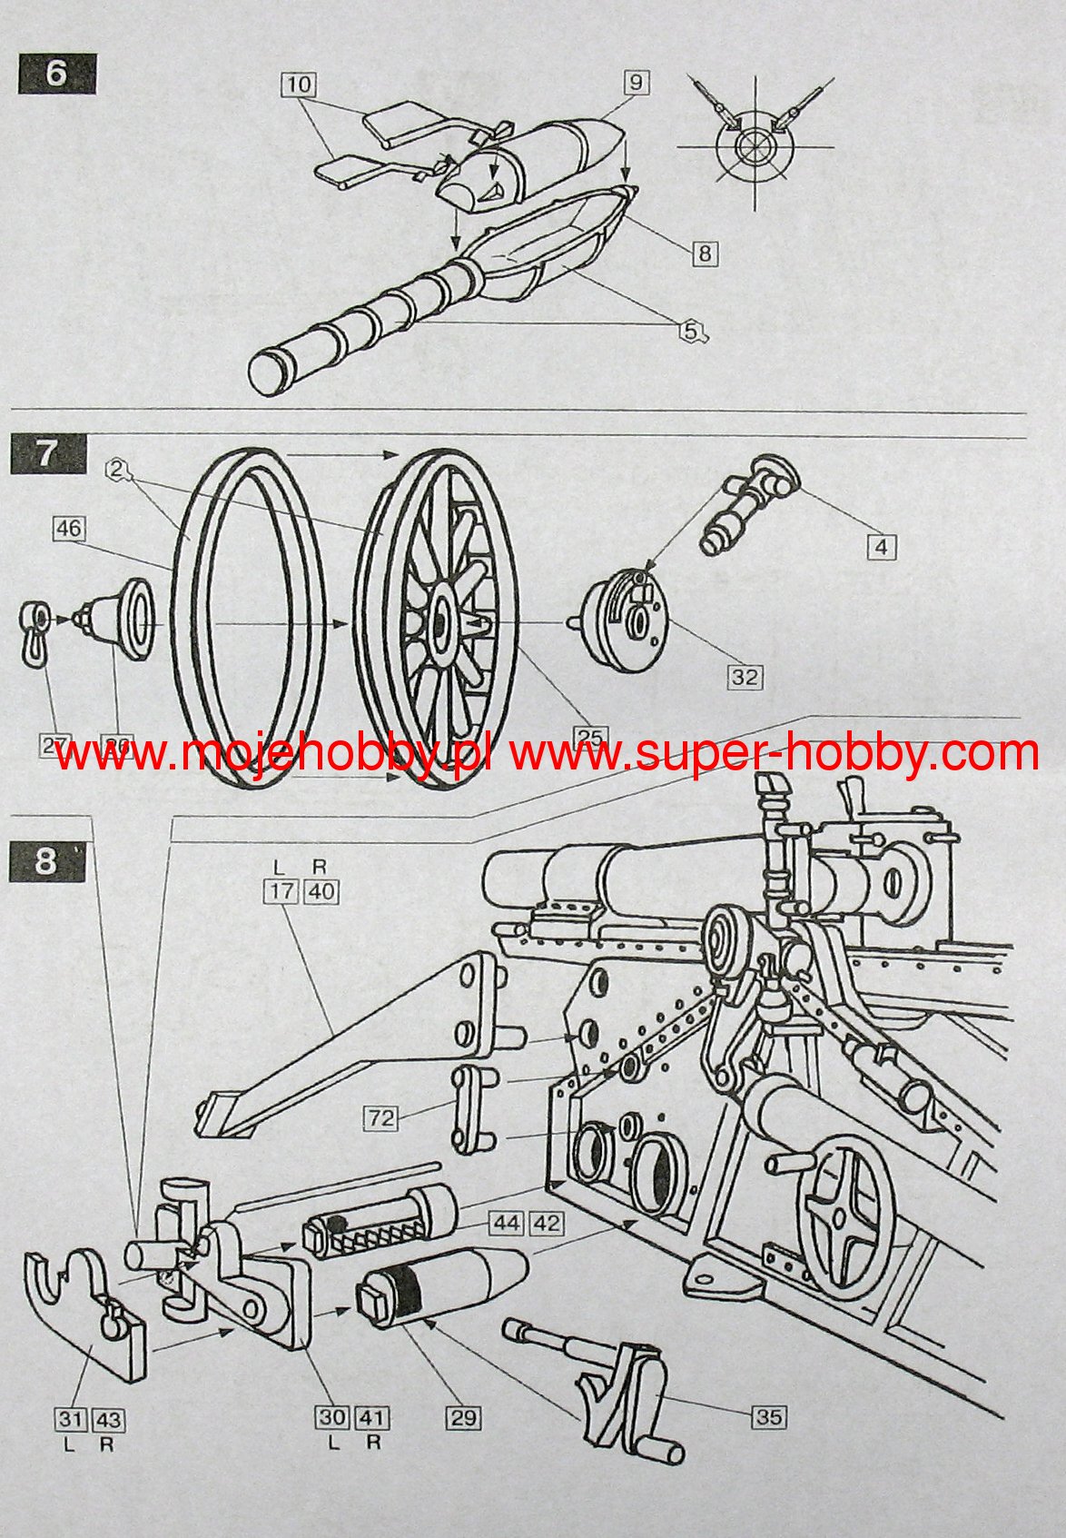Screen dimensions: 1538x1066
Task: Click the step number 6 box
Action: click(56, 74)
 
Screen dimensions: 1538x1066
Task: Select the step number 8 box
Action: click(46, 859)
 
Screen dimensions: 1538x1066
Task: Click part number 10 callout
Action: click(297, 85)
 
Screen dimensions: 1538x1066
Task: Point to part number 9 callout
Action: click(635, 83)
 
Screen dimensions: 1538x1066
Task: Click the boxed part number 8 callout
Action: click(705, 253)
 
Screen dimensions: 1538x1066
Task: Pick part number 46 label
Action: click(69, 528)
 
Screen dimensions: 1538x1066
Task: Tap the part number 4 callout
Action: click(881, 546)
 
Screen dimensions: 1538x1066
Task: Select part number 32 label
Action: click(744, 676)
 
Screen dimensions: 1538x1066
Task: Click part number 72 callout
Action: click(382, 1117)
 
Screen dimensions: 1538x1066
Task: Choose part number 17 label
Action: click(281, 892)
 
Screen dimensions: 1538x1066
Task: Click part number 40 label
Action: click(321, 892)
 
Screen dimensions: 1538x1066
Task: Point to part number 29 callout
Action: click(464, 1417)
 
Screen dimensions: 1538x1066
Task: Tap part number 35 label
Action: click(768, 1416)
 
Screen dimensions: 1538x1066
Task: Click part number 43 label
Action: click(108, 1417)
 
